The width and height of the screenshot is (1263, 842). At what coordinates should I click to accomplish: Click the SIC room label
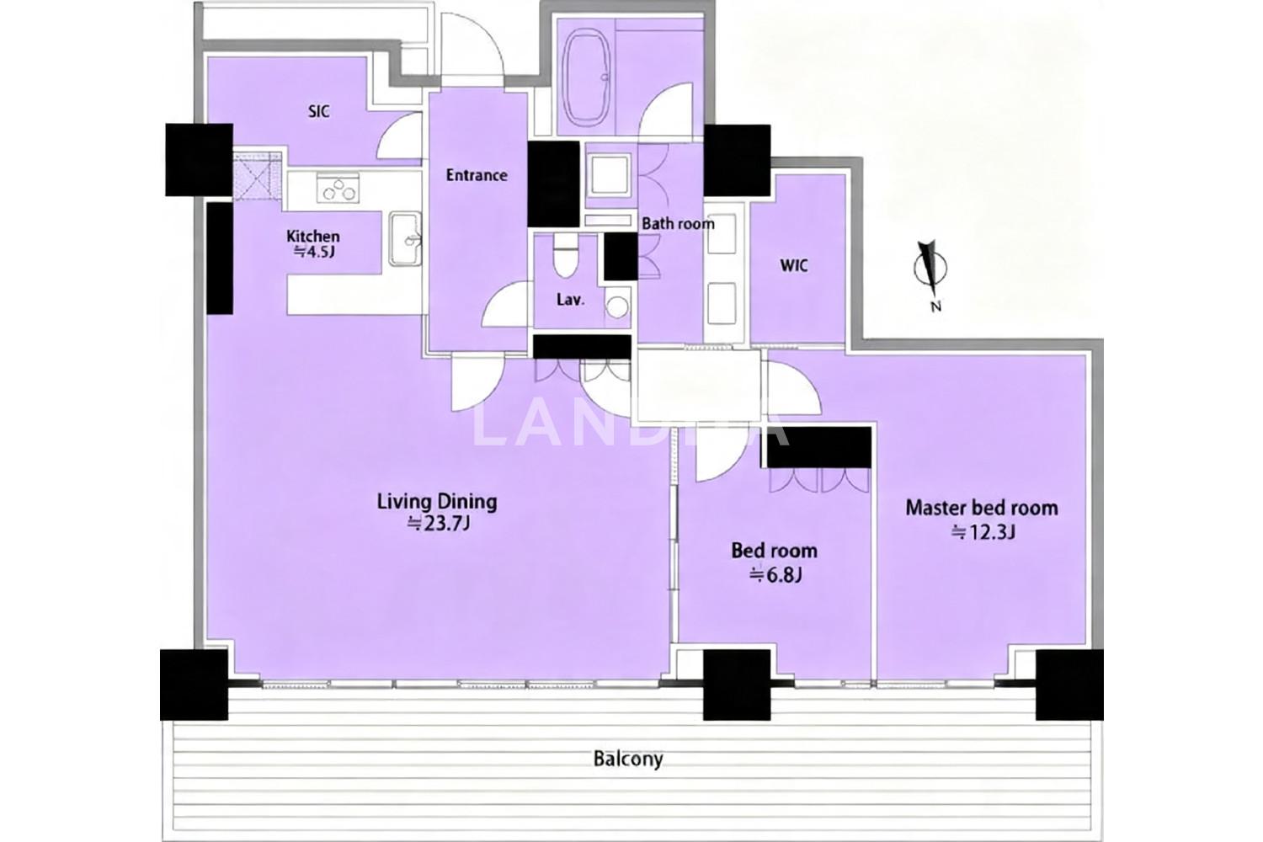[x=318, y=112]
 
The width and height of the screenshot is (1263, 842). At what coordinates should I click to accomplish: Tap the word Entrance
[x=477, y=175]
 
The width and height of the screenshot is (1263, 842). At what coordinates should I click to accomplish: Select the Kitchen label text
[x=313, y=236]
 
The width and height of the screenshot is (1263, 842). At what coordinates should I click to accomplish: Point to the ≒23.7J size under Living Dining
[x=439, y=525]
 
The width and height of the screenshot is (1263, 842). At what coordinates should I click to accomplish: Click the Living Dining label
[x=437, y=501]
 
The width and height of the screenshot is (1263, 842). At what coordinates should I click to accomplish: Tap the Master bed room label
[x=982, y=508]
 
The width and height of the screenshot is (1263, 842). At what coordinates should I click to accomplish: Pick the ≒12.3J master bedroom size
[x=983, y=532]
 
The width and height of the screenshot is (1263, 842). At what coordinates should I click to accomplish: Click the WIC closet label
[x=794, y=265]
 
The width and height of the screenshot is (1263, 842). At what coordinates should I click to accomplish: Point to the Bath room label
[x=678, y=224]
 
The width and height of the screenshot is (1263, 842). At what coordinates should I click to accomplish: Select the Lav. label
[x=570, y=300]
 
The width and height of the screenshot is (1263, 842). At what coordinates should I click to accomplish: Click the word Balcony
[x=628, y=759]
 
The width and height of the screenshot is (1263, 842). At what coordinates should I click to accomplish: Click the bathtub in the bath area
[x=588, y=73]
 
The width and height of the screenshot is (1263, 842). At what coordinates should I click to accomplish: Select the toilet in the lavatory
[x=566, y=256]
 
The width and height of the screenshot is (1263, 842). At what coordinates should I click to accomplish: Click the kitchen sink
[x=405, y=239]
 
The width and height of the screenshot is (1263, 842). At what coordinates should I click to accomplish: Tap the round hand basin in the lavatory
[x=617, y=307]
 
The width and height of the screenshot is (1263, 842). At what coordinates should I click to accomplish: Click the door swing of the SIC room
[x=399, y=136]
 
